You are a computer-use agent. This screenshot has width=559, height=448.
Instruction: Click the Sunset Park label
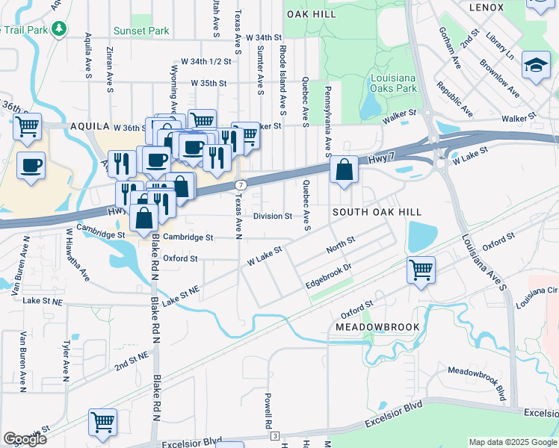tap(141, 31)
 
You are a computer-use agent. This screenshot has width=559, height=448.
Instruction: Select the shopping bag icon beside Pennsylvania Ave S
tap(343, 171)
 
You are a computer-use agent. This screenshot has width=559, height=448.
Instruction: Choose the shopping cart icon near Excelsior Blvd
tap(102, 421)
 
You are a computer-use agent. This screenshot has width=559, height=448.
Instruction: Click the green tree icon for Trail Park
tap(58, 28)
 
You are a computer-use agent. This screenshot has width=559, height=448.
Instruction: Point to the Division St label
tap(272, 217)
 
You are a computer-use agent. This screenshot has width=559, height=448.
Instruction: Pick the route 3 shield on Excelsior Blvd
tap(275, 435)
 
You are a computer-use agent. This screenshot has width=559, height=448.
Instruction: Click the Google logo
tap(25, 438)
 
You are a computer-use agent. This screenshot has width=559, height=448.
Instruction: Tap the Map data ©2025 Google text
tap(512, 441)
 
